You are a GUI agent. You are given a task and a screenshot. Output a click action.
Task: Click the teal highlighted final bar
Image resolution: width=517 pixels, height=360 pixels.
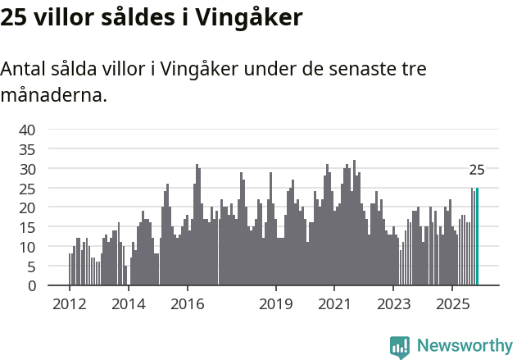pyautogui.click(x=477, y=237)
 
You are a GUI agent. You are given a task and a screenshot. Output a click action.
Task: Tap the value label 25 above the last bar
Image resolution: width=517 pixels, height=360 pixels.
pyautogui.click(x=477, y=171)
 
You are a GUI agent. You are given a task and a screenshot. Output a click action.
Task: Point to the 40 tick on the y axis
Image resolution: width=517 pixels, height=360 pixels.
pyautogui.click(x=27, y=130)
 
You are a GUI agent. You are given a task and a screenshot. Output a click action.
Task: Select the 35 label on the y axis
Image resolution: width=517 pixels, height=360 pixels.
pyautogui.click(x=27, y=149)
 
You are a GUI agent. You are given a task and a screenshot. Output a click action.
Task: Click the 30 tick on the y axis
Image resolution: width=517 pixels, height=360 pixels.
pyautogui.click(x=27, y=169)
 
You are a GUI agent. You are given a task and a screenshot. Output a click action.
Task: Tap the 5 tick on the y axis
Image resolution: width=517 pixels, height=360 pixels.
pyautogui.click(x=31, y=267)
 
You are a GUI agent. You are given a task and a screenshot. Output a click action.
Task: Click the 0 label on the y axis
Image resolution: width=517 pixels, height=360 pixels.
pyautogui.click(x=31, y=286)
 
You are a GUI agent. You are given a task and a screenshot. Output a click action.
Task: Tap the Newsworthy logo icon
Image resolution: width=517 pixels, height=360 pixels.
pyautogui.click(x=400, y=347)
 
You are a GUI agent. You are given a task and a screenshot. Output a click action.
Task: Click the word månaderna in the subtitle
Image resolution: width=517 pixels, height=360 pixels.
pyautogui.click(x=53, y=95)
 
